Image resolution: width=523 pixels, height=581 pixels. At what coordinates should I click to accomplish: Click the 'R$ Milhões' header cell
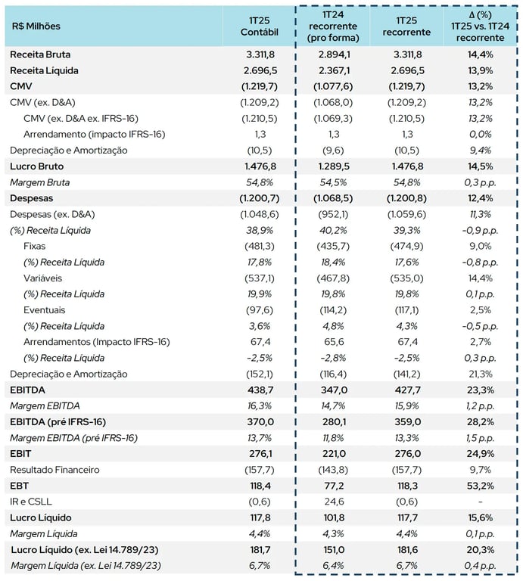(36, 26)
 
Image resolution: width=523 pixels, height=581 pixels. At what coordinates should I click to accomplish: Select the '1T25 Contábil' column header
(260, 26)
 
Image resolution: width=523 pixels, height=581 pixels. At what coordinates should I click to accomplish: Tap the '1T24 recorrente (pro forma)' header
(333, 26)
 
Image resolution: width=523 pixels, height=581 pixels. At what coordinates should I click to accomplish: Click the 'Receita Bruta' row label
(40, 54)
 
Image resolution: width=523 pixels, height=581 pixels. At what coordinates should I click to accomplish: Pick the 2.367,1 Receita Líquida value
(334, 70)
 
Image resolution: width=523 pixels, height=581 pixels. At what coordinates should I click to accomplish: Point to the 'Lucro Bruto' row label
(36, 166)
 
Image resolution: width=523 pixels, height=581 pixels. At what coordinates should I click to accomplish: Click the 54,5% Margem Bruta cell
(333, 182)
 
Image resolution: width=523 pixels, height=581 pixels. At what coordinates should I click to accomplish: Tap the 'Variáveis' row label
(42, 278)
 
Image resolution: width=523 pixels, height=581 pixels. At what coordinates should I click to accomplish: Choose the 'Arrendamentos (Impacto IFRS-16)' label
(96, 342)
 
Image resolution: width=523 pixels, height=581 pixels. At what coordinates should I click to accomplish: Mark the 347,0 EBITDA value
(334, 390)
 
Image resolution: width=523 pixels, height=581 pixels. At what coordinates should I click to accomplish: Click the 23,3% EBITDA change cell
(481, 390)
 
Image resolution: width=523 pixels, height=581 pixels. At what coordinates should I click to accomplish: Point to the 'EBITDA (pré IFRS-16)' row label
(58, 421)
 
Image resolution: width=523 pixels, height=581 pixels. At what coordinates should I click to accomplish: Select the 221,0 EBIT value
(334, 454)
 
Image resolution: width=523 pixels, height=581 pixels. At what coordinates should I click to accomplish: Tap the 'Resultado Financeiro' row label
(54, 470)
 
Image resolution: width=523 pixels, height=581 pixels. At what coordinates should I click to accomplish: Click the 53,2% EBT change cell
(481, 486)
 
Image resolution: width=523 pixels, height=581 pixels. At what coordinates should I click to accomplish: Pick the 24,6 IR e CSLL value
(334, 502)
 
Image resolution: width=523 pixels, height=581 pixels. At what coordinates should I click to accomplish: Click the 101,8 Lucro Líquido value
(334, 517)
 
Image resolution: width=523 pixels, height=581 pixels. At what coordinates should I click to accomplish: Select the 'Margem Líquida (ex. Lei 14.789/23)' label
(86, 566)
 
